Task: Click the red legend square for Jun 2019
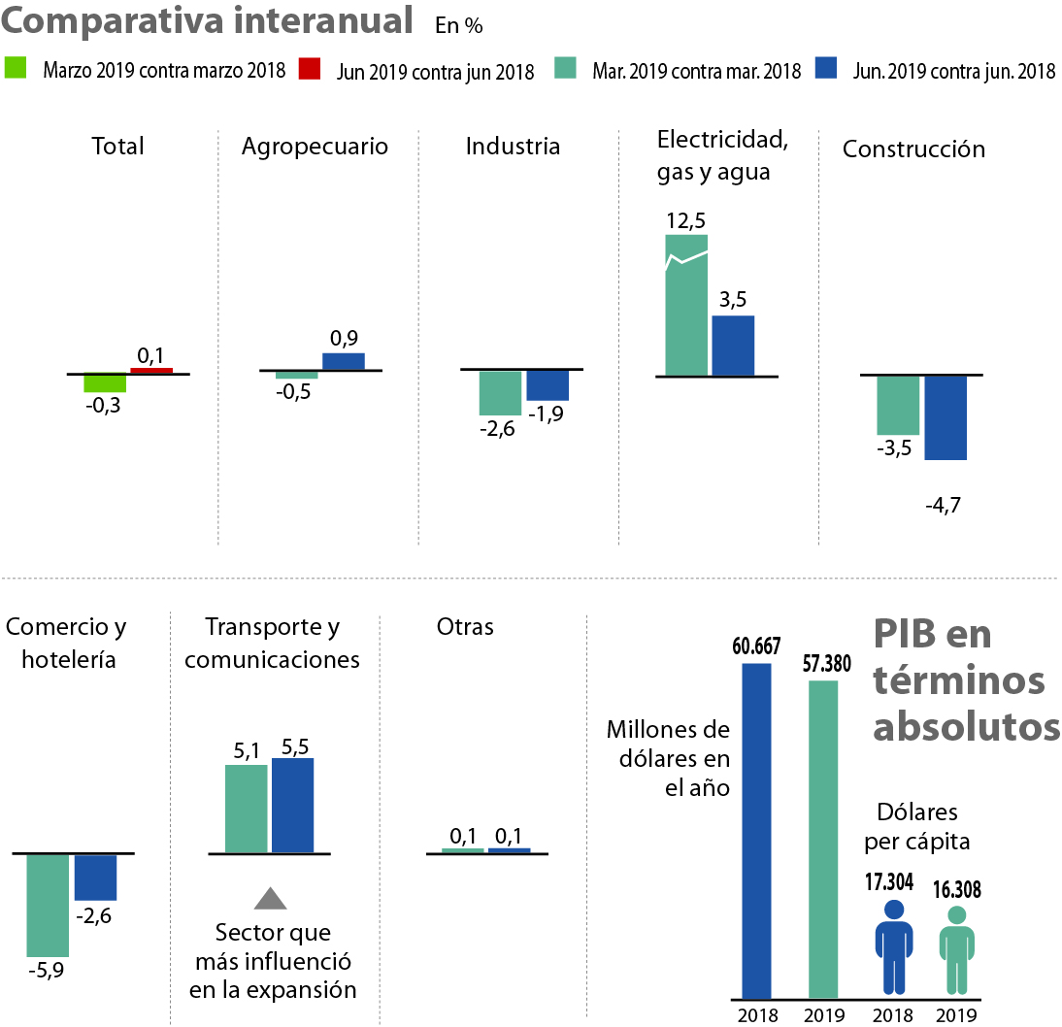(310, 69)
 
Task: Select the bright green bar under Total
(105, 382)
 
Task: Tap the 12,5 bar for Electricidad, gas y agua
(686, 305)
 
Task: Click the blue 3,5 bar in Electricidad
(733, 345)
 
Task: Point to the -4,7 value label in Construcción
(943, 506)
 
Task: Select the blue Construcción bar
(946, 417)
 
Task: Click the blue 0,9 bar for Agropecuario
(344, 361)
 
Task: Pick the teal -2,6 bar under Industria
(500, 393)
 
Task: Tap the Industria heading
(513, 147)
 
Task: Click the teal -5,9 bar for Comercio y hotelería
(48, 905)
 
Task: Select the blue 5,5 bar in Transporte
(293, 806)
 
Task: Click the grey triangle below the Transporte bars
(270, 899)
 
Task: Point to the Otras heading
(465, 627)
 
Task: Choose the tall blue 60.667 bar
(757, 830)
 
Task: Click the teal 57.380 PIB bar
(822, 839)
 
